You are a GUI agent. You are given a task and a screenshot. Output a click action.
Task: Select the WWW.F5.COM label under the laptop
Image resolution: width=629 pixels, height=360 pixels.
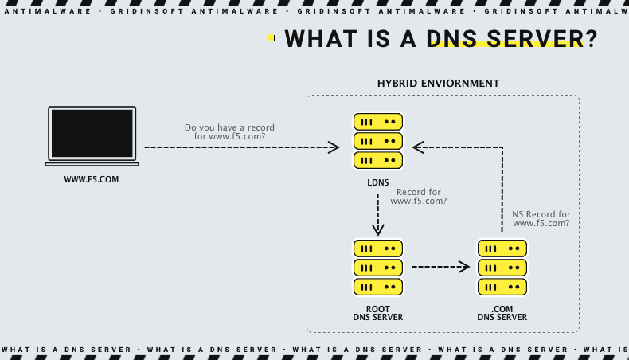point(92,180)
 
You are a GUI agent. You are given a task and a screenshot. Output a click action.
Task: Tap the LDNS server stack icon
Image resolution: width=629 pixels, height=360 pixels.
point(378,141)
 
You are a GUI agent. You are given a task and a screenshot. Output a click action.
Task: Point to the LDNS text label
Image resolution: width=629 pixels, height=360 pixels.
point(378,183)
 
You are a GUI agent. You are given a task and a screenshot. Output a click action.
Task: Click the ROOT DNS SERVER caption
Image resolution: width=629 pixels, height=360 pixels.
point(378,313)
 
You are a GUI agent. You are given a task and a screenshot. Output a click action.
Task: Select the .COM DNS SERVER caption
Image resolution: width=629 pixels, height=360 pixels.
point(502,313)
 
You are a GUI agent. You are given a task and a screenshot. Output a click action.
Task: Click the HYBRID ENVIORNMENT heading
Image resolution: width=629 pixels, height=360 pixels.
point(438,84)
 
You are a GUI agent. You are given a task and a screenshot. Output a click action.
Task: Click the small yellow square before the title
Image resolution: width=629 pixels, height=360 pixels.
point(271,38)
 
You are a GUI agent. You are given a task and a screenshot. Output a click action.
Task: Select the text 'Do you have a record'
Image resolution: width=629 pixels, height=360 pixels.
point(229,127)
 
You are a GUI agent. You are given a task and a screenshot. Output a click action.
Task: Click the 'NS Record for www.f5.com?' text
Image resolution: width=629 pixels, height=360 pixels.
point(541,219)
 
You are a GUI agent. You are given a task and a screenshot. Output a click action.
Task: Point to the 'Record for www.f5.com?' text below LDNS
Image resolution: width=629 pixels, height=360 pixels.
point(418,197)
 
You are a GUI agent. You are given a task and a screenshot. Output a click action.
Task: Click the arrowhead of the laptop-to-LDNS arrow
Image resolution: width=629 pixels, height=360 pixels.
point(334,147)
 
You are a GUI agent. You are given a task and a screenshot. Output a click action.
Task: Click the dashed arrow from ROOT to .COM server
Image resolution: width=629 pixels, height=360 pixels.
point(440,267)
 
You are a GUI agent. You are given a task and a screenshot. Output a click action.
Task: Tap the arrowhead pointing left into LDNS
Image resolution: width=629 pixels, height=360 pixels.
point(418,147)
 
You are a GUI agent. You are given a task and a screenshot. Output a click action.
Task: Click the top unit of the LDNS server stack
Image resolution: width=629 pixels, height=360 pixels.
point(378,123)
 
